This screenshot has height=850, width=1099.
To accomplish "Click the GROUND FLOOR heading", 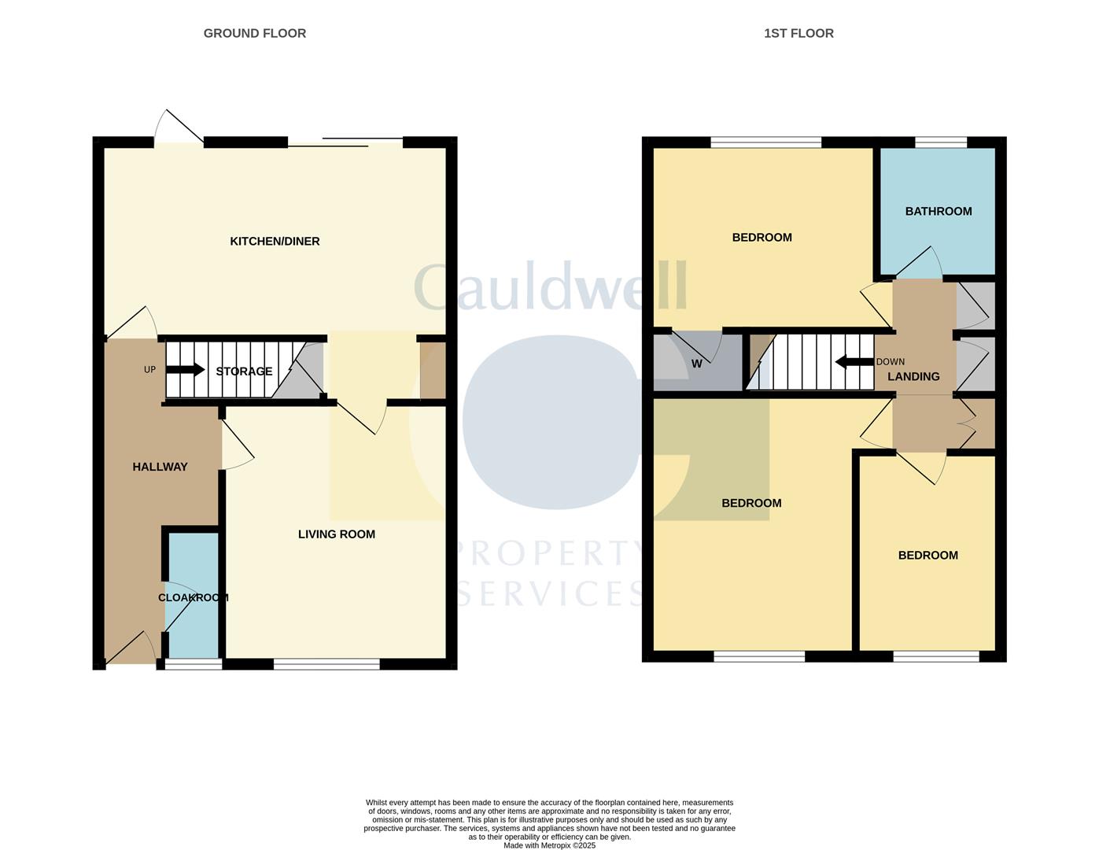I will coord(254,33).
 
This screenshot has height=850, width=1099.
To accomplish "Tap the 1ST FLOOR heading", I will coord(798,33).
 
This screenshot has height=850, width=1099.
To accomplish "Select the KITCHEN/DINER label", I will coord(275,242).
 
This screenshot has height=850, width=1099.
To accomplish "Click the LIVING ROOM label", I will coord(336,534).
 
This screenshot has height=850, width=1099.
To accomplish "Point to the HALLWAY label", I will coord(160,467).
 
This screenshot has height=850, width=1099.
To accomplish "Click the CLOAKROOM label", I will coord(193,597).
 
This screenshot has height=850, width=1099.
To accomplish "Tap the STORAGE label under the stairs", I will coord(244,371).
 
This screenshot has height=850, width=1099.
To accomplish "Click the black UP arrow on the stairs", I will coord(185,370).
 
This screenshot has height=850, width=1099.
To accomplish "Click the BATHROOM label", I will coord(938,211).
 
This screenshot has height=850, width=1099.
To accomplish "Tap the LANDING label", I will coord(913,377).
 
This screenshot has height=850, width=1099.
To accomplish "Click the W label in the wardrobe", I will coord(696,364).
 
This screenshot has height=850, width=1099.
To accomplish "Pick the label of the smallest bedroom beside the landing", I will coord(928,556).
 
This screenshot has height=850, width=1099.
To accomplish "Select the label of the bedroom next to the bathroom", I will coord(762,238).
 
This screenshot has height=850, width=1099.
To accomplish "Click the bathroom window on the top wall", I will coord(940,142).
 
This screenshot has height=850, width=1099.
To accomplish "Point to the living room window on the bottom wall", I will coord(326,664).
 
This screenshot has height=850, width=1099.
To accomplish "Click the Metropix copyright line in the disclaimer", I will coord(549,845).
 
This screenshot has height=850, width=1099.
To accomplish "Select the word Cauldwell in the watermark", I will coord(550,287).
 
